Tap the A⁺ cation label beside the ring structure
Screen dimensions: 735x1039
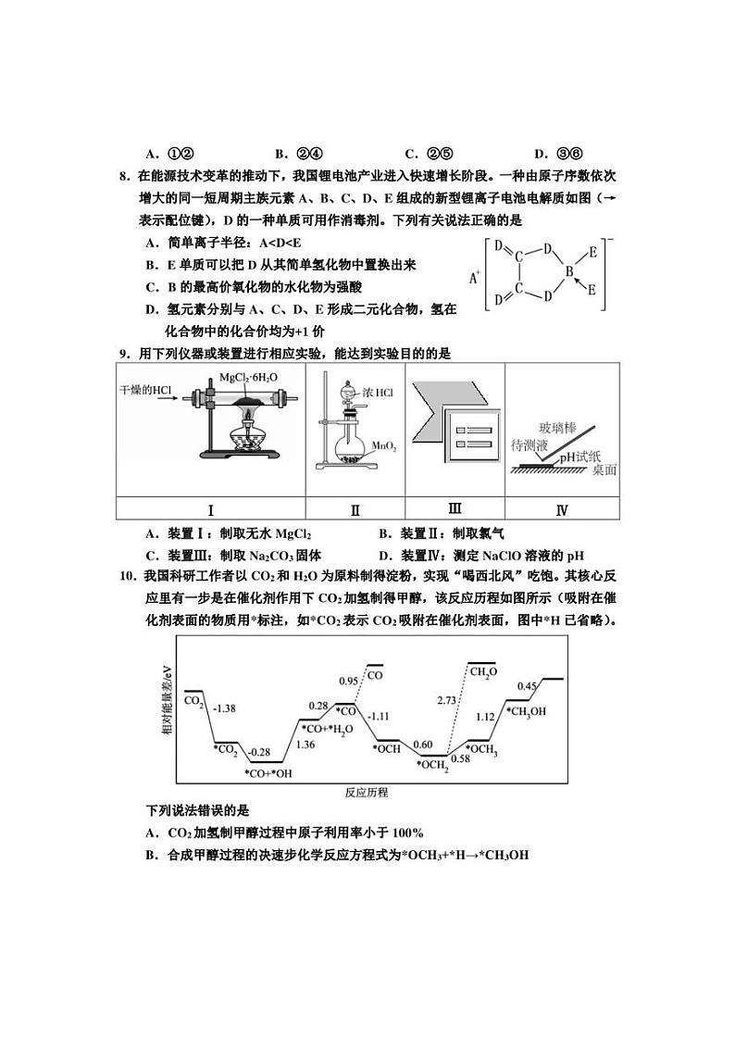click(475, 276)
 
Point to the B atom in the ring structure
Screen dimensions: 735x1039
click(571, 271)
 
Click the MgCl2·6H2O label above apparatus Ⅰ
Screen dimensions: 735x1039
click(248, 378)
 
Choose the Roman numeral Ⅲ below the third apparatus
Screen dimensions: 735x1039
click(455, 508)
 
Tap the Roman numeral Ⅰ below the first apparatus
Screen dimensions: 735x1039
click(210, 510)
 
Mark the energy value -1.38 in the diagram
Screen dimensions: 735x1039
click(225, 708)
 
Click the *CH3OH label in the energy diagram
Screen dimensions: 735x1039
click(526, 711)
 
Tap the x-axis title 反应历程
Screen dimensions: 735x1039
click(366, 793)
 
